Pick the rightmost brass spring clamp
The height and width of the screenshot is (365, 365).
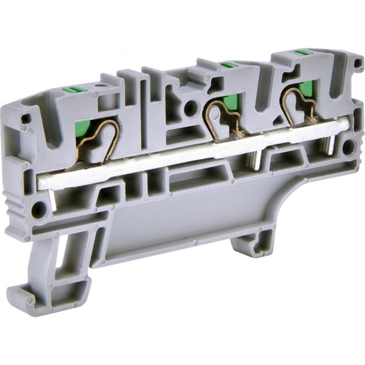(x=299, y=106)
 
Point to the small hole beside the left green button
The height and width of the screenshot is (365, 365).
(x=103, y=86)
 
